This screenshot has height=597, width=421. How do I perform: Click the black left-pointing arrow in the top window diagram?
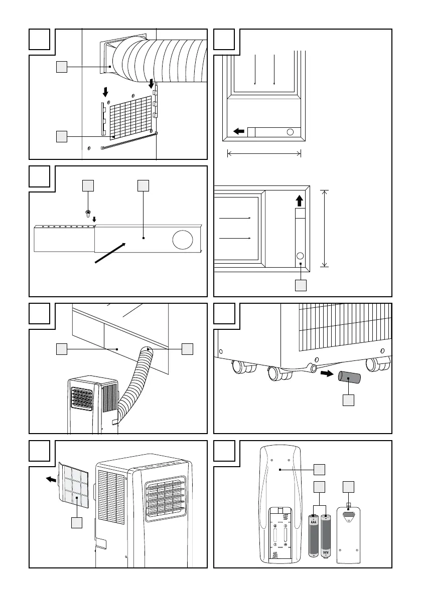[239, 132]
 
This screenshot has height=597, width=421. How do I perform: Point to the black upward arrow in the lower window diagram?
[300, 201]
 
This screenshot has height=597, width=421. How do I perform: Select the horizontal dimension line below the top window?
[264, 154]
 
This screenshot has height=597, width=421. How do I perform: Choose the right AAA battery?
[327, 536]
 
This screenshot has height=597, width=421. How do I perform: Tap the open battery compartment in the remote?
[279, 534]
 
